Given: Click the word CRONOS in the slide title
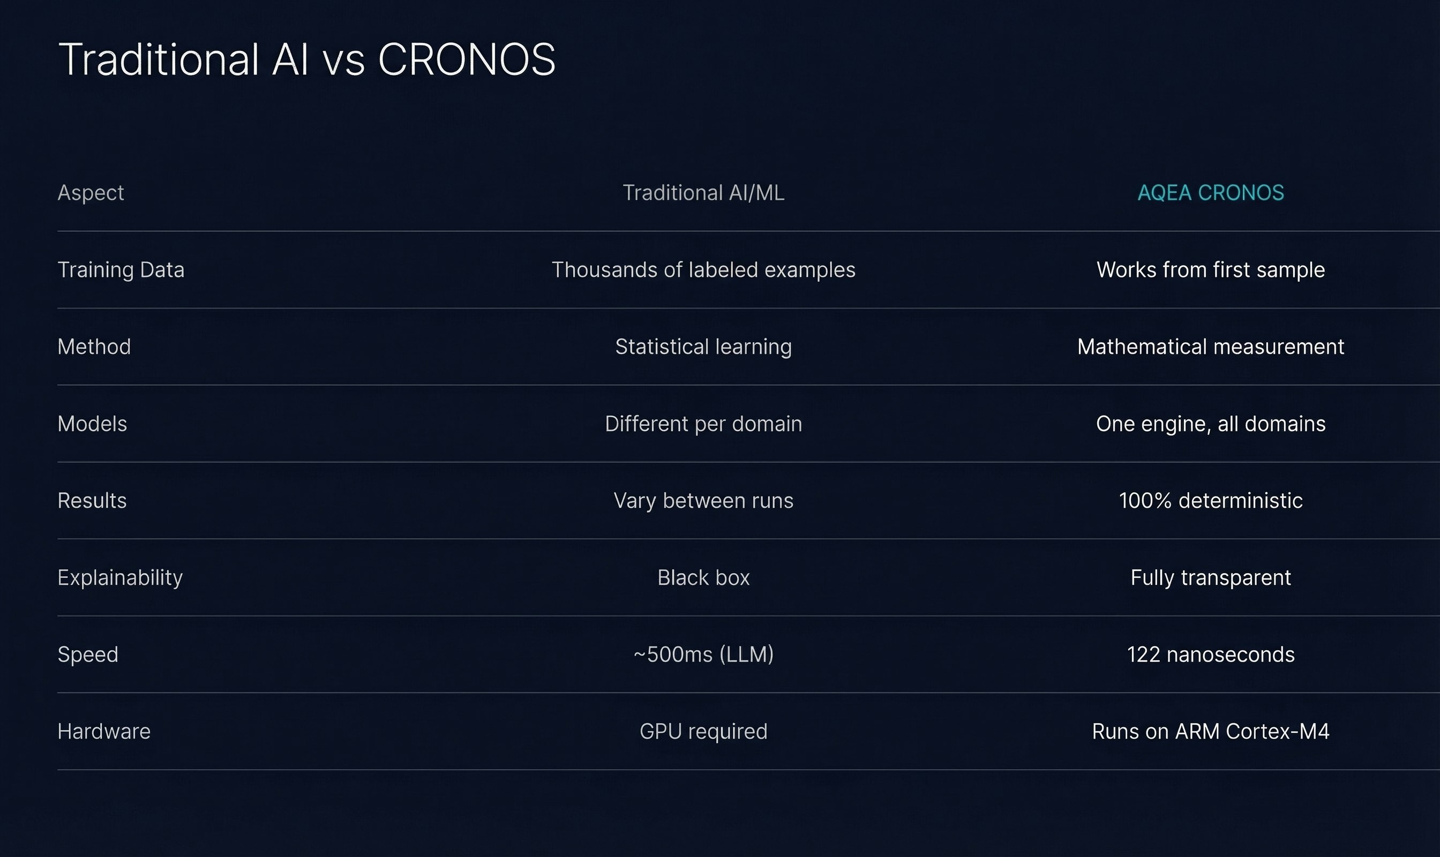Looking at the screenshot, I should [x=466, y=59].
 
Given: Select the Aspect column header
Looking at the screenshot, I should [x=91, y=193].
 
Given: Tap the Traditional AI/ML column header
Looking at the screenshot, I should [x=703, y=193].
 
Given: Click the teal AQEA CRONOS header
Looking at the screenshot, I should [x=1210, y=193].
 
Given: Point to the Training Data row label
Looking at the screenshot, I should [x=121, y=270].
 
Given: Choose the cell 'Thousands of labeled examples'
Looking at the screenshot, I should [x=703, y=270].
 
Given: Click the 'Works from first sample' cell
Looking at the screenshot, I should [x=1210, y=270].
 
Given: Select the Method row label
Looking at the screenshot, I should [x=94, y=347].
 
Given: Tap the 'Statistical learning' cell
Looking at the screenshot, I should [x=703, y=347].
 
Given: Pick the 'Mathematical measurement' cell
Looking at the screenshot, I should [x=1210, y=347].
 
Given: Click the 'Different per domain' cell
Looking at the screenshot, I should [x=703, y=424].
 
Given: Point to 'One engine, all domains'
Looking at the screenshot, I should [x=1210, y=424].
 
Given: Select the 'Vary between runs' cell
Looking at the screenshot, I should [x=703, y=501].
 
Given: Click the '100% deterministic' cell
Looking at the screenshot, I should [x=1210, y=501].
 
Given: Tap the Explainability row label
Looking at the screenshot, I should [x=120, y=578].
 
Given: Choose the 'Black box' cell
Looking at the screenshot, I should [x=703, y=578].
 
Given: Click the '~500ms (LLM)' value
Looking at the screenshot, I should [x=703, y=655].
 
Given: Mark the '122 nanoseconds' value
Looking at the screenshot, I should [x=1210, y=655].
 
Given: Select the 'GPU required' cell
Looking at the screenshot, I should [x=703, y=732].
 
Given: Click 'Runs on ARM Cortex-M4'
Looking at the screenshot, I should [x=1210, y=732].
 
